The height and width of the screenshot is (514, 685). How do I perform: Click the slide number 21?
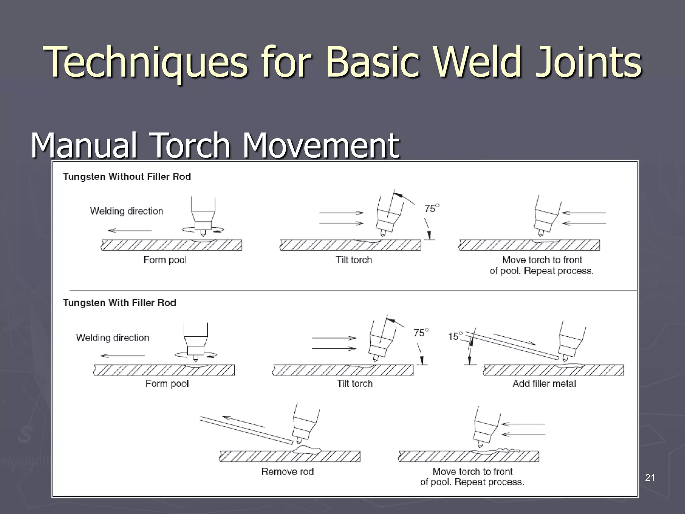click(x=650, y=478)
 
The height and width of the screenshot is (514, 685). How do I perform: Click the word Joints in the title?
click(x=588, y=62)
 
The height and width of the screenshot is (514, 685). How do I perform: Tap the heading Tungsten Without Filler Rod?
click(x=127, y=177)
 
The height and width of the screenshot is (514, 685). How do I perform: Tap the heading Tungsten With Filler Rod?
click(x=119, y=303)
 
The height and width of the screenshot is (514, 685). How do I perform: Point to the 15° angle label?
click(x=455, y=336)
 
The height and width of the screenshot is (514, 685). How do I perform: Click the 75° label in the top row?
click(x=431, y=208)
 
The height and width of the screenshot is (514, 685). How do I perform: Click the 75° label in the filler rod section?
click(x=420, y=333)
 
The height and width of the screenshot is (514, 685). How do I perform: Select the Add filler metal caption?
click(x=544, y=383)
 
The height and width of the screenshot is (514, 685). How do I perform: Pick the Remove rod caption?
click(x=287, y=472)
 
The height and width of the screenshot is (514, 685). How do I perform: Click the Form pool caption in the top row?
click(x=165, y=260)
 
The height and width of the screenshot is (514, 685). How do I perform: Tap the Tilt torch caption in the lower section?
click(x=355, y=383)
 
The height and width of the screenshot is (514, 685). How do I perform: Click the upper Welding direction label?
click(x=126, y=211)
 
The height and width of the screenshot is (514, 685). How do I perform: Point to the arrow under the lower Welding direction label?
click(x=122, y=356)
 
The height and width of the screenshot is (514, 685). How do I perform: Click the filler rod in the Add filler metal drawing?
click(x=512, y=346)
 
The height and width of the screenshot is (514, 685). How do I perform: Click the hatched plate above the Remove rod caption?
click(x=290, y=456)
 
